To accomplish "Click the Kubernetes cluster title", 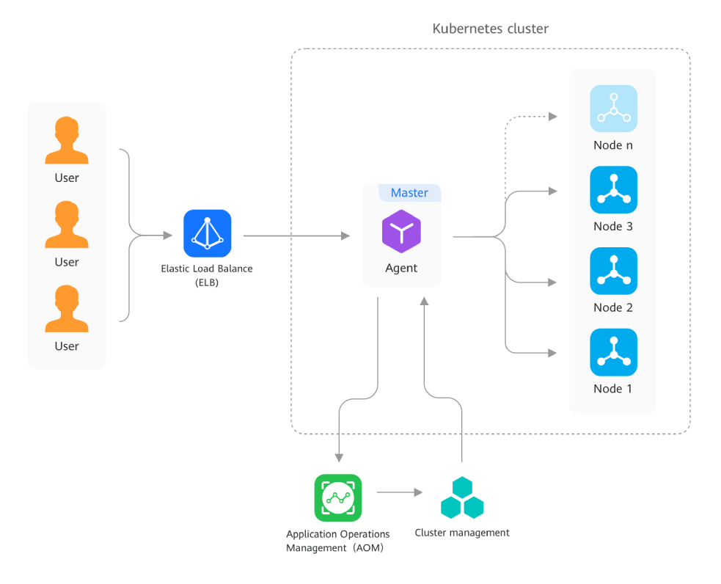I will pyautogui.click(x=490, y=29).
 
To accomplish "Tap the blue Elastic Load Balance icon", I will pyautogui.click(x=207, y=233).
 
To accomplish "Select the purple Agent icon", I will pyautogui.click(x=401, y=232).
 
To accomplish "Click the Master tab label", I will pyautogui.click(x=409, y=193).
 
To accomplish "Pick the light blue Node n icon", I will pyautogui.click(x=613, y=109).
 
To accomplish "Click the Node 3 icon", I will pyautogui.click(x=613, y=190).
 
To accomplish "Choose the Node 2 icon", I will pyautogui.click(x=613, y=271).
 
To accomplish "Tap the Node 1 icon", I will pyautogui.click(x=613, y=352).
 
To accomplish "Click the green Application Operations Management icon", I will pyautogui.click(x=338, y=497).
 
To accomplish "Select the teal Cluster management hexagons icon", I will pyautogui.click(x=462, y=498).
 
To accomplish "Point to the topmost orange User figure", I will pyautogui.click(x=67, y=142).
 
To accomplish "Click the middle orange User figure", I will pyautogui.click(x=67, y=226).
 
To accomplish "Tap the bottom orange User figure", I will pyautogui.click(x=67, y=310).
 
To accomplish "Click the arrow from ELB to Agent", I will pyautogui.click(x=296, y=236).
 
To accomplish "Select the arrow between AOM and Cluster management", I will pyautogui.click(x=400, y=492).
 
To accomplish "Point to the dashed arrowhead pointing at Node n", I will pyautogui.click(x=553, y=116).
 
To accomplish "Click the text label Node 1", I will pyautogui.click(x=612, y=389).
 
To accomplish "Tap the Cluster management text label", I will pyautogui.click(x=461, y=533).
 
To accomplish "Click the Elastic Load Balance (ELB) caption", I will pyautogui.click(x=207, y=275).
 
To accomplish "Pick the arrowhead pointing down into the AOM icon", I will pyautogui.click(x=339, y=458).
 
